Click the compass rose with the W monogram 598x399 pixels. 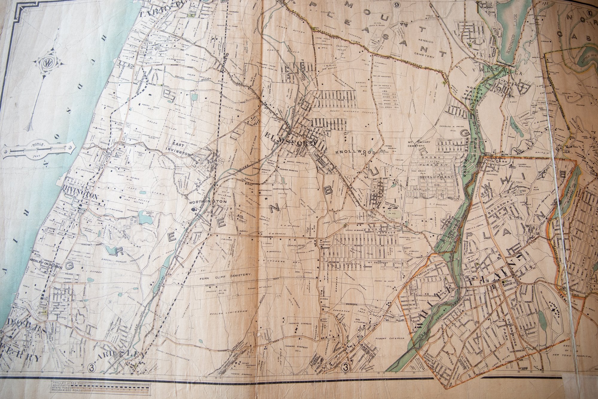click(x=47, y=63)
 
